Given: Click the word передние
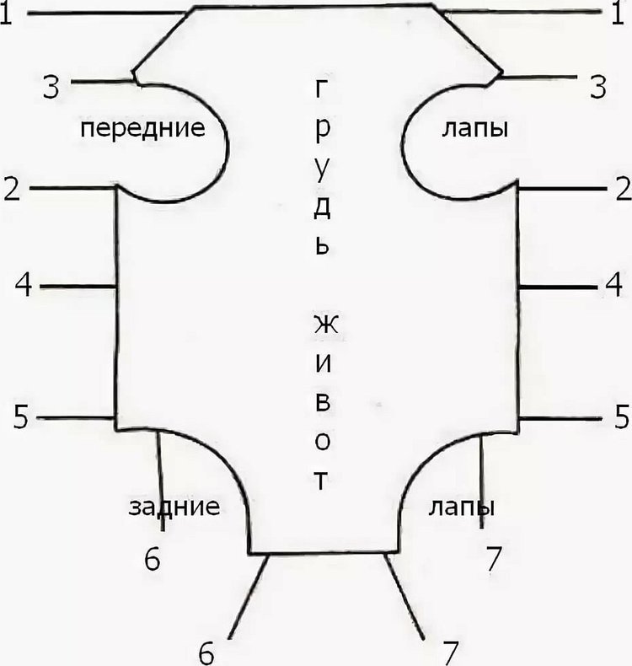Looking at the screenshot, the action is [142, 129].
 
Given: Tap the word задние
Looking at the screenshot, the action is [174, 507].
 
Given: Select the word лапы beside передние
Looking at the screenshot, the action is [475, 129].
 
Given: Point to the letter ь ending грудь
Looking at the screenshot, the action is [322, 246].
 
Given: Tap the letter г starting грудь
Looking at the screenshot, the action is [321, 89].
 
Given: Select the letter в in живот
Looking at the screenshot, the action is [323, 403].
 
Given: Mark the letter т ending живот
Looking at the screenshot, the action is [322, 481].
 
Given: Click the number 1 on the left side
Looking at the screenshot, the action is [6, 14].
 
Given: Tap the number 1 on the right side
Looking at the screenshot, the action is [618, 14].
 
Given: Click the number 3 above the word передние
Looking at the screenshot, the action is [51, 88].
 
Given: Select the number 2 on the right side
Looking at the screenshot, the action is [623, 189].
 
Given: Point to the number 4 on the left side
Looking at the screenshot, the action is [24, 285].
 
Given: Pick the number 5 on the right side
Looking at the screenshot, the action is [623, 416].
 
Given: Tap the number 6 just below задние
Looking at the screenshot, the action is [153, 559].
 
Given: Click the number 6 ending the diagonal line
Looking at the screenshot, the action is [206, 653].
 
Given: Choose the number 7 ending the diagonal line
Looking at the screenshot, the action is [451, 653].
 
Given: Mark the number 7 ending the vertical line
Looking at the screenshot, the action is [494, 559].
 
